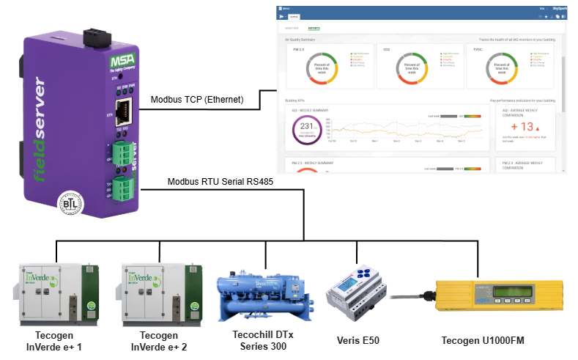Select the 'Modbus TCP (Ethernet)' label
coord(196,100)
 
